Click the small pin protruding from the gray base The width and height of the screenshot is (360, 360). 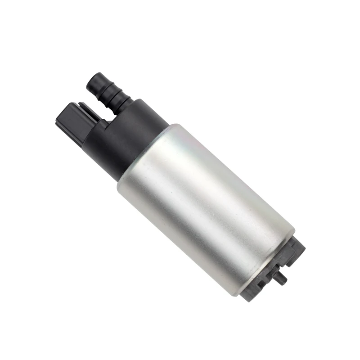coord(281,279)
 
